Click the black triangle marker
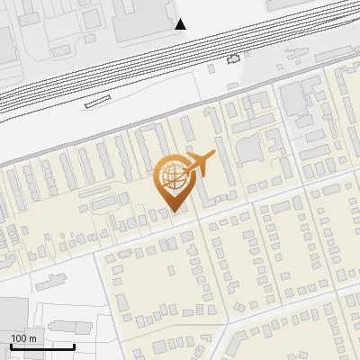[181, 23]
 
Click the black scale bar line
[42, 346]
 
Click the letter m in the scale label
[32, 338]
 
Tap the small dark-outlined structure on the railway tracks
[235, 59]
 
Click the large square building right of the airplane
[249, 148]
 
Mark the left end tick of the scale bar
[11, 345]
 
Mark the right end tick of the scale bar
[74, 345]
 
